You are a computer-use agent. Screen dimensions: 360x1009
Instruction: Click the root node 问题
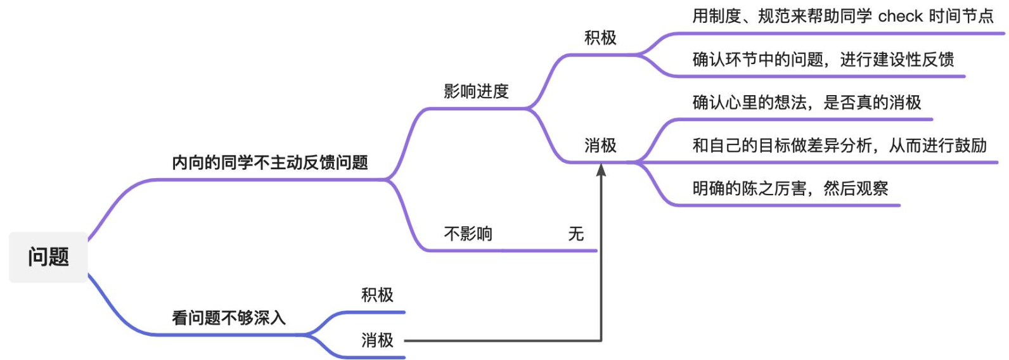48,257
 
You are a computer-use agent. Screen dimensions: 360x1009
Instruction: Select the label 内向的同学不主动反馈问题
270,163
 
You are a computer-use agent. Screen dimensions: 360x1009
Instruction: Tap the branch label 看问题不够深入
229,318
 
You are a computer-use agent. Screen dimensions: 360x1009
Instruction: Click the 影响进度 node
476,91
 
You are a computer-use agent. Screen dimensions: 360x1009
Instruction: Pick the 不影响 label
468,234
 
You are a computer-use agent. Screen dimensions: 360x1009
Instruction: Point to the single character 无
575,234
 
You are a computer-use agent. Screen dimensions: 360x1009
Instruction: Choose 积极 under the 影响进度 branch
600,38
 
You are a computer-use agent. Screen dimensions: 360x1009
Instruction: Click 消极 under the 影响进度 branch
600,146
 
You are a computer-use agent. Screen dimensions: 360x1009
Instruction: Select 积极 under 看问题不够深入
377,295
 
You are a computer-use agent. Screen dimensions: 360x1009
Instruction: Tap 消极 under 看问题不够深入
377,340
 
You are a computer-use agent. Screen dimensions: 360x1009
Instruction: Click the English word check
900,16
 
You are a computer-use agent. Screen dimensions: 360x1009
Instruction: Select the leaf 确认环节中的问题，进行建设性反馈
823,60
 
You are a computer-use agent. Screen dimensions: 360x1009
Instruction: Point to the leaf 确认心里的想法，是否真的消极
806,103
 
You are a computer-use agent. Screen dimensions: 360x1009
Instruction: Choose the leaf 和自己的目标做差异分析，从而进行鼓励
839,146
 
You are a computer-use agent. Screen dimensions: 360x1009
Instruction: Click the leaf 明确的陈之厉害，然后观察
790,189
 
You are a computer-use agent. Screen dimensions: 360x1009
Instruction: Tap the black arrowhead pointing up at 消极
601,170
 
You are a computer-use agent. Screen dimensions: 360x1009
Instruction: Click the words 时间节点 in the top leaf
961,16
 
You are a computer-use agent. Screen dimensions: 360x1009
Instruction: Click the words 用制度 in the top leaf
716,16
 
